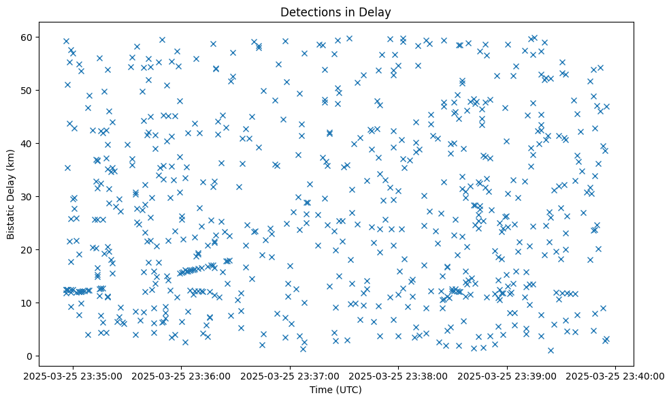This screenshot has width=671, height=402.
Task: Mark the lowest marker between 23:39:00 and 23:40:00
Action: click(551, 350)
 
